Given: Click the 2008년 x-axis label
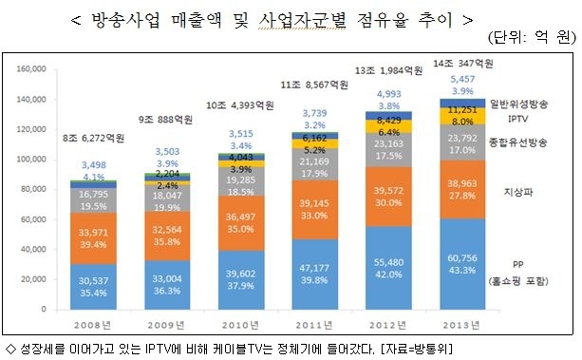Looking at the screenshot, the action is point(92,325).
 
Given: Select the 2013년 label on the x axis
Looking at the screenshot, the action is point(461,325).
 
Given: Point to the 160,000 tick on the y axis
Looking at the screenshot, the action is point(31,68).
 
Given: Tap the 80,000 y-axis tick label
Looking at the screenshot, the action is point(33,189).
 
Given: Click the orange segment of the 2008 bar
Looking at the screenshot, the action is point(93,238).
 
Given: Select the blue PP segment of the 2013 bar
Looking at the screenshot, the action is point(462,264).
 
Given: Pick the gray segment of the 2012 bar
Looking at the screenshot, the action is point(388,150).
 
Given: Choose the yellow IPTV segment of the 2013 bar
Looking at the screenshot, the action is point(462,116).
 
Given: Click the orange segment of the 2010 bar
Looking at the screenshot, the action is point(241,223).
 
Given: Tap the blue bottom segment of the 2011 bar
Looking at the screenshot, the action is point(315,275).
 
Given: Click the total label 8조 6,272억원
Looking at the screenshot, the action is point(94,138).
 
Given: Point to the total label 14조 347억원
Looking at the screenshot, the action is point(463,64).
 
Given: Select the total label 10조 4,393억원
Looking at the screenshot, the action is point(240,105).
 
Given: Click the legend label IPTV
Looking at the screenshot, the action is point(517,119).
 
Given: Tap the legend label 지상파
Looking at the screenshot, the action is point(518,192).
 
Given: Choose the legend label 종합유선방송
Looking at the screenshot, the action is point(517,142).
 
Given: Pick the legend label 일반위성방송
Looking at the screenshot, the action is point(518,104).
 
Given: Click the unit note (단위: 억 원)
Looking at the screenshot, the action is point(532,37).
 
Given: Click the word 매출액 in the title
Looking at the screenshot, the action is point(197,20).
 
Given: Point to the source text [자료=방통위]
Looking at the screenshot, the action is point(417,349).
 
